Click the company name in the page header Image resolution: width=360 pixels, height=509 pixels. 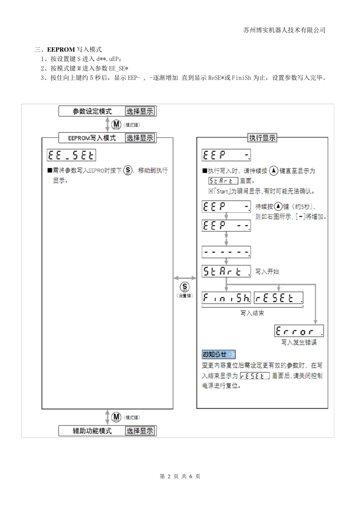click(284, 30)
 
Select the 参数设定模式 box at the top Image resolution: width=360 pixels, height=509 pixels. click(92, 111)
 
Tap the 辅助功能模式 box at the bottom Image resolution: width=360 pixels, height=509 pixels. click(92, 431)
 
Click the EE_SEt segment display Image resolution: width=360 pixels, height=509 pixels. click(71, 156)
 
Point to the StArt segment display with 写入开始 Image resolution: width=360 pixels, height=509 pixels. click(226, 272)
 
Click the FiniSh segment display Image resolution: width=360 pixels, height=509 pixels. click(226, 298)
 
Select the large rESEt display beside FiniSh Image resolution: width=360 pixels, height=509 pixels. click(279, 298)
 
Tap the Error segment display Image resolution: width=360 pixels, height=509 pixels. click(299, 331)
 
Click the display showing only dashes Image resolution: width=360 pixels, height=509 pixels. click(226, 252)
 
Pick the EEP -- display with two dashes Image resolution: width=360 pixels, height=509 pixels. click(226, 226)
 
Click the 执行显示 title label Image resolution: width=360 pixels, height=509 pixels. click(262, 138)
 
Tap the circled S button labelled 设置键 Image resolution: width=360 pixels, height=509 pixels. click(185, 287)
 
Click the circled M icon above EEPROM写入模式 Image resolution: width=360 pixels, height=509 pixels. click(116, 125)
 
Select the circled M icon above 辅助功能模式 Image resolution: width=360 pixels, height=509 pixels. click(116, 417)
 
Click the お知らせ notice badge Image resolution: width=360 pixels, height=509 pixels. click(219, 354)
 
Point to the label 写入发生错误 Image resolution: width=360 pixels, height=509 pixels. click(299, 342)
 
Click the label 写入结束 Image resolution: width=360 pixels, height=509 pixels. click(252, 313)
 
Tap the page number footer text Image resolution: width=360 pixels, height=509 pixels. click(180, 476)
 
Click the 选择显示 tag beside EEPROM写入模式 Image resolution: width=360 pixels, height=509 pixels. click(140, 138)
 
